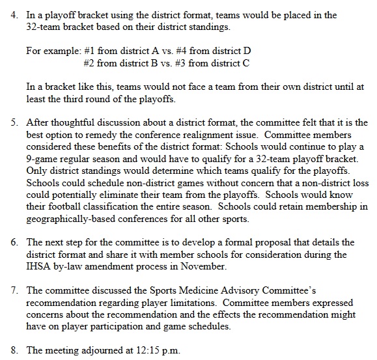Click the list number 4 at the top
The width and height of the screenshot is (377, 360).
13,14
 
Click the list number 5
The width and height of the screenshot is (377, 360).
13,122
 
